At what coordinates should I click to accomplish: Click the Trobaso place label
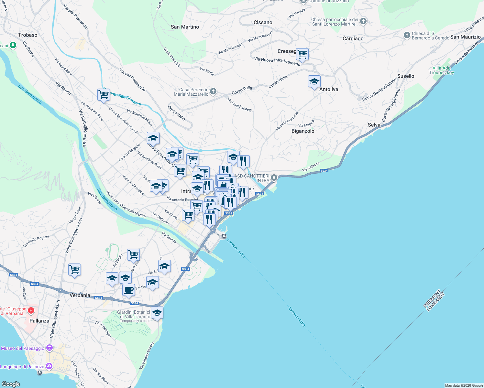[28, 35]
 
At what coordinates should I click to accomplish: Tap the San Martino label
[185, 27]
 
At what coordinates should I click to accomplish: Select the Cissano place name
[263, 22]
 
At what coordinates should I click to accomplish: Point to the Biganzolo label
[303, 131]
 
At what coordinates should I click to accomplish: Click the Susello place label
[406, 76]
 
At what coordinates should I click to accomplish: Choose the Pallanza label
[39, 321]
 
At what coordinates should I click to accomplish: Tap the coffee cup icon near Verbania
[128, 290]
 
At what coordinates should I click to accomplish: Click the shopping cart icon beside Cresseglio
[302, 54]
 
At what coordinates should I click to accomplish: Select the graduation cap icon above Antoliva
[314, 82]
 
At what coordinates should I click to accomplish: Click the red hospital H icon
[31, 311]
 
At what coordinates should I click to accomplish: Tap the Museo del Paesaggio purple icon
[49, 348]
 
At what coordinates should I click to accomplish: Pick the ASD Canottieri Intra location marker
[274, 178]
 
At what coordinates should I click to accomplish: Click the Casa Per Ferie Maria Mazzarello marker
[213, 92]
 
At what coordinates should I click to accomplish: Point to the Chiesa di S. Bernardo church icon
[407, 35]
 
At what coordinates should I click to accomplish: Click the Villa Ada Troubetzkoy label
[441, 70]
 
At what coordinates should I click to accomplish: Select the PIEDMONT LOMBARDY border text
[434, 301]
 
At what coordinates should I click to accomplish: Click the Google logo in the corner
[11, 384]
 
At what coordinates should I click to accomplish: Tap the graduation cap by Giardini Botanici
[157, 313]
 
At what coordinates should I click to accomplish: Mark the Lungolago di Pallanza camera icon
[49, 367]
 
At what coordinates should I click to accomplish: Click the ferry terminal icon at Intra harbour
[224, 236]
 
